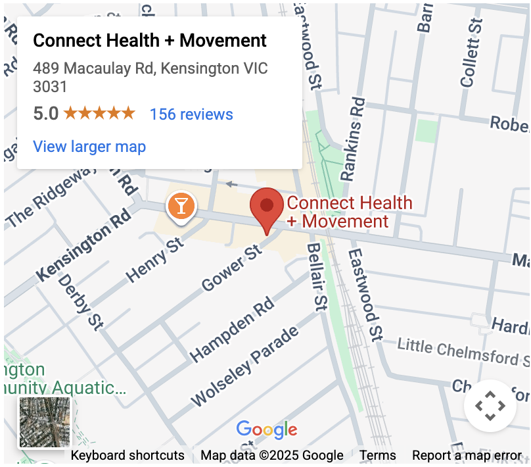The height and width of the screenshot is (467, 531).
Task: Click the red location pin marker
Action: tap(266, 207)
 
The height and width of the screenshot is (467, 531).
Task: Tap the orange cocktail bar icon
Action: tap(181, 206)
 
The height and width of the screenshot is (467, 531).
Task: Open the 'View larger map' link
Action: tap(89, 146)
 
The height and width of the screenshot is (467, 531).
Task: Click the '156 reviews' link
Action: tap(191, 114)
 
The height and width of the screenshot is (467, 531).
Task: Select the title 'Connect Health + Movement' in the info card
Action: tap(150, 41)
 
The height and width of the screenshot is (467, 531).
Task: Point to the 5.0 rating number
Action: tap(46, 114)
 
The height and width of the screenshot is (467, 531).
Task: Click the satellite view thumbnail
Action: tap(45, 422)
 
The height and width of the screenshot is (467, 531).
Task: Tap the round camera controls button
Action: tap(490, 406)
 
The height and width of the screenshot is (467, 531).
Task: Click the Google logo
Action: tap(267, 431)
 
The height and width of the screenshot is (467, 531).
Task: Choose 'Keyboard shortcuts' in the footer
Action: tap(127, 455)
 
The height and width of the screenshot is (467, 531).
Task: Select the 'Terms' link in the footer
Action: tap(377, 455)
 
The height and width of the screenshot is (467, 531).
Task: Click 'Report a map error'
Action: tap(467, 455)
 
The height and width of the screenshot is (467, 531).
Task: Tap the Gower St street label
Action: tap(232, 269)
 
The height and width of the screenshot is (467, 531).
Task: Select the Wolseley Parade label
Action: tap(244, 365)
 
